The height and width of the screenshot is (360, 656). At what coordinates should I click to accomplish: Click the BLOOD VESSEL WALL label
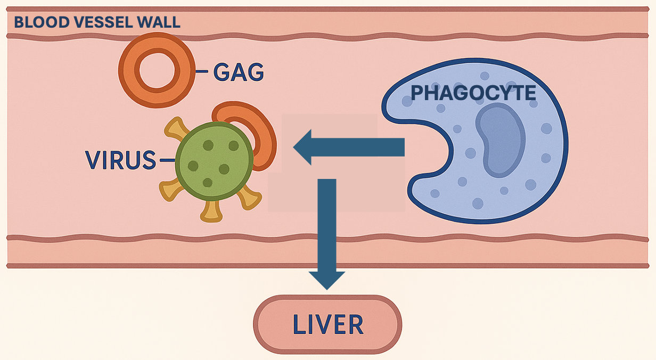96,23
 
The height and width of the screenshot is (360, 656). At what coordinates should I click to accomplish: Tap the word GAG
238,72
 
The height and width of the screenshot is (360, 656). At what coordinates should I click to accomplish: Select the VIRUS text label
120,160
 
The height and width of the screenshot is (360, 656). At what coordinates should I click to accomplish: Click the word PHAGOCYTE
473,93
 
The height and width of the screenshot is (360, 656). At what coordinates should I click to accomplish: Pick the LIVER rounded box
327,324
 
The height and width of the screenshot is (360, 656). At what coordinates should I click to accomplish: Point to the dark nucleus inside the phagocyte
499,140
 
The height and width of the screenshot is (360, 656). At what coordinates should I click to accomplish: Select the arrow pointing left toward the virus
349,148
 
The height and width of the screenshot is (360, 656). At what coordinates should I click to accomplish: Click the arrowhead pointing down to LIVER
327,279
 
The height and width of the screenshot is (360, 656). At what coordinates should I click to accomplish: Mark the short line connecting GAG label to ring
202,71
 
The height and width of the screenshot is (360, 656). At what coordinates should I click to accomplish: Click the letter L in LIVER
300,324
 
